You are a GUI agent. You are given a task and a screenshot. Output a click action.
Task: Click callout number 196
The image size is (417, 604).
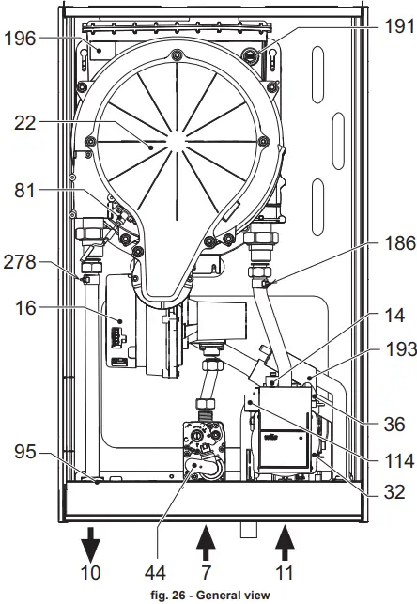pos(20,39)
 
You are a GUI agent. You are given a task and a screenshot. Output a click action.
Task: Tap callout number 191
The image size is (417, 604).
pos(399,26)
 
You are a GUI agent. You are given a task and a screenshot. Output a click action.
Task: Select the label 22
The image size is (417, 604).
pos(25,123)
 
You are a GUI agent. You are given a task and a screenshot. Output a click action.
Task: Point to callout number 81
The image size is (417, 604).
pos(24,191)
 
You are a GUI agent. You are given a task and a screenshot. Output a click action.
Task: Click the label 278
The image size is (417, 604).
pos(20,262)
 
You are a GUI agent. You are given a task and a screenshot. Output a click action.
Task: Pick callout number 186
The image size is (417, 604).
pos(400,243)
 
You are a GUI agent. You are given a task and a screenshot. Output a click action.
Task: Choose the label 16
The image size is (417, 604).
pos(25,308)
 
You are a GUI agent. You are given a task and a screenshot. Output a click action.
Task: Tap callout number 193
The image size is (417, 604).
pos(401,349)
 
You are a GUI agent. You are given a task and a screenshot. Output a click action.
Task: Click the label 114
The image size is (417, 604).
pos(399,461)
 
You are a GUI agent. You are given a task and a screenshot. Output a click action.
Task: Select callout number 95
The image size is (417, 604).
pos(25,452)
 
